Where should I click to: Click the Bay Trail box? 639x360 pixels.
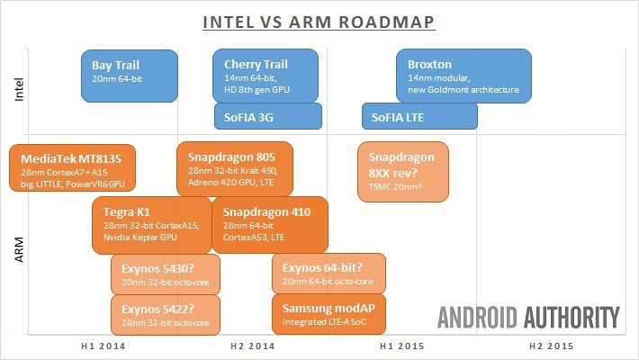point(130,72)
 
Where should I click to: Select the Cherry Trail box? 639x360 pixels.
point(265,75)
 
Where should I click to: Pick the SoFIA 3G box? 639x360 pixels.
point(267,116)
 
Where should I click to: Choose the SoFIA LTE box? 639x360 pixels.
point(419,116)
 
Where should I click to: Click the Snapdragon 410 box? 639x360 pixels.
point(270,225)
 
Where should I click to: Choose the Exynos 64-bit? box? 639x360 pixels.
point(328,274)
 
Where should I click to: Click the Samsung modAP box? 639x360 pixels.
point(328,311)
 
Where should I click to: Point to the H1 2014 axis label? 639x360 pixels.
point(100,346)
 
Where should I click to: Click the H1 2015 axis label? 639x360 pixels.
point(400,346)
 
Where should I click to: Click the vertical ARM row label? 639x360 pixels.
point(20,248)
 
